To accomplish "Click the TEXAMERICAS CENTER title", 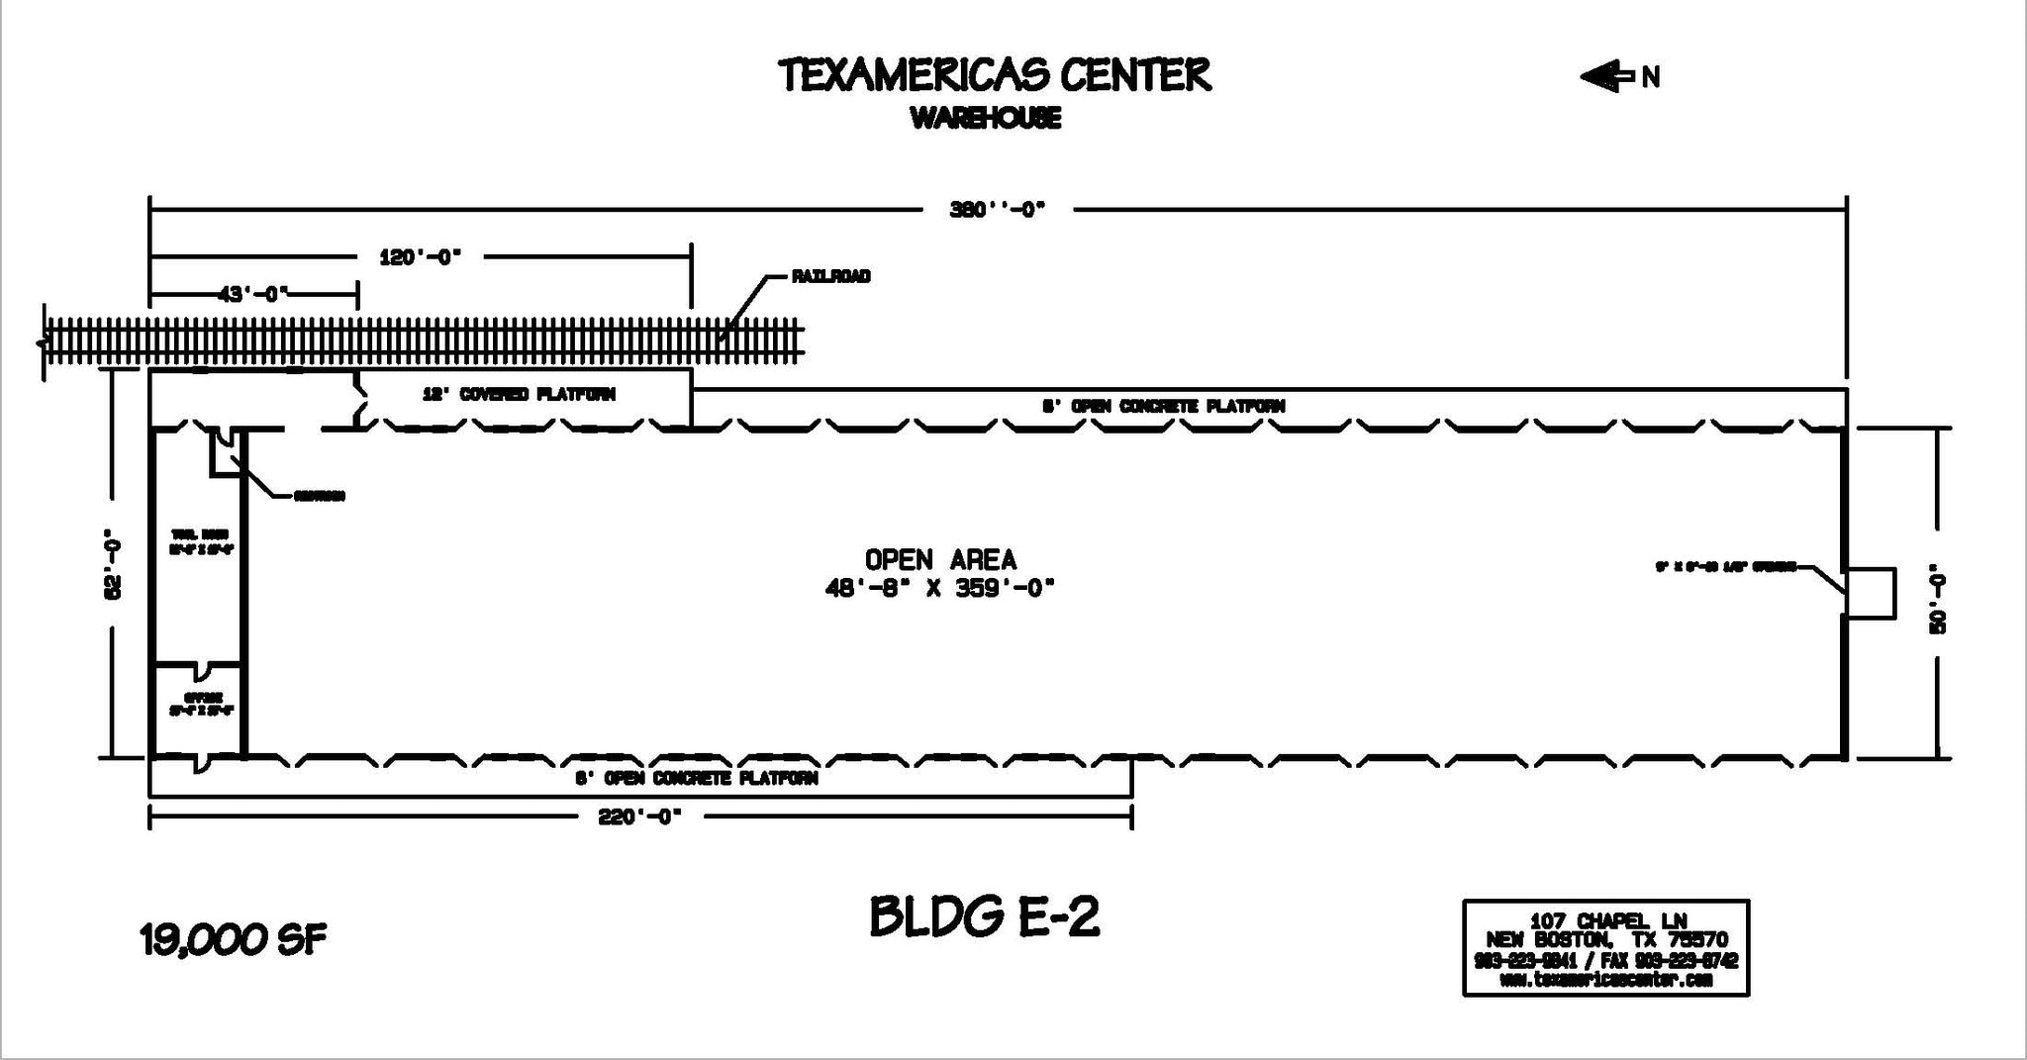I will (994, 75).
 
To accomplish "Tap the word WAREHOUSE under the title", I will (985, 119).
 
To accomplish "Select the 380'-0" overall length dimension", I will (997, 210).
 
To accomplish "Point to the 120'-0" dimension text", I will (420, 257).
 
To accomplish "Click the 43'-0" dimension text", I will (252, 294).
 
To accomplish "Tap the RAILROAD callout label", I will (830, 276).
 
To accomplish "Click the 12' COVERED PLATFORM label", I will (519, 394).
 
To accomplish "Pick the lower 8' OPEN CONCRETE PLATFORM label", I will (696, 778).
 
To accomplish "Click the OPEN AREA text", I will (940, 560).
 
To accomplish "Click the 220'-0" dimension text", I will (639, 818).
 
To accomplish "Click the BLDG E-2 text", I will (984, 916).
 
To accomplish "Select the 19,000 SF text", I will (234, 940).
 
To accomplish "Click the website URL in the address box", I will (1605, 980).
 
